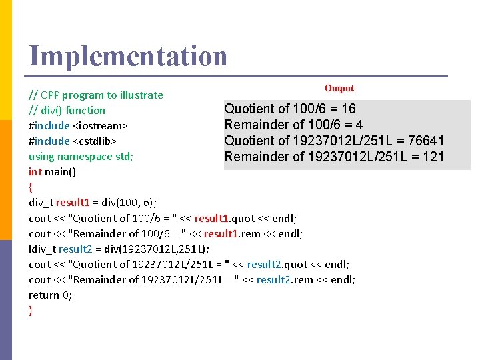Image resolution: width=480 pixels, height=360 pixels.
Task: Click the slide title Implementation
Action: [128, 56]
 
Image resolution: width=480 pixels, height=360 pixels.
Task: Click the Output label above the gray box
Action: [340, 88]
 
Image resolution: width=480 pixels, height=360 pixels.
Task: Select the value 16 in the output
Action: [348, 109]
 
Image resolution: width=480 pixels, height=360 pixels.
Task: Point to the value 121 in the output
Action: [432, 157]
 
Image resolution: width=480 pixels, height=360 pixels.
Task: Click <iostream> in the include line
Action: [101, 125]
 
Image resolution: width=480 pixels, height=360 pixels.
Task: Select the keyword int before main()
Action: [35, 171]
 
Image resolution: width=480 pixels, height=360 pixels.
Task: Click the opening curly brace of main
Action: [31, 187]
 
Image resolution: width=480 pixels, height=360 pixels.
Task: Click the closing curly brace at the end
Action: [31, 310]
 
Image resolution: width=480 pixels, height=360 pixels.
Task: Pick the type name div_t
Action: [41, 202]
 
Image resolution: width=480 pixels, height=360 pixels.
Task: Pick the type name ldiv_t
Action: [42, 249]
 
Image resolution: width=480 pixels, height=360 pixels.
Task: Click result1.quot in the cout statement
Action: [225, 218]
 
